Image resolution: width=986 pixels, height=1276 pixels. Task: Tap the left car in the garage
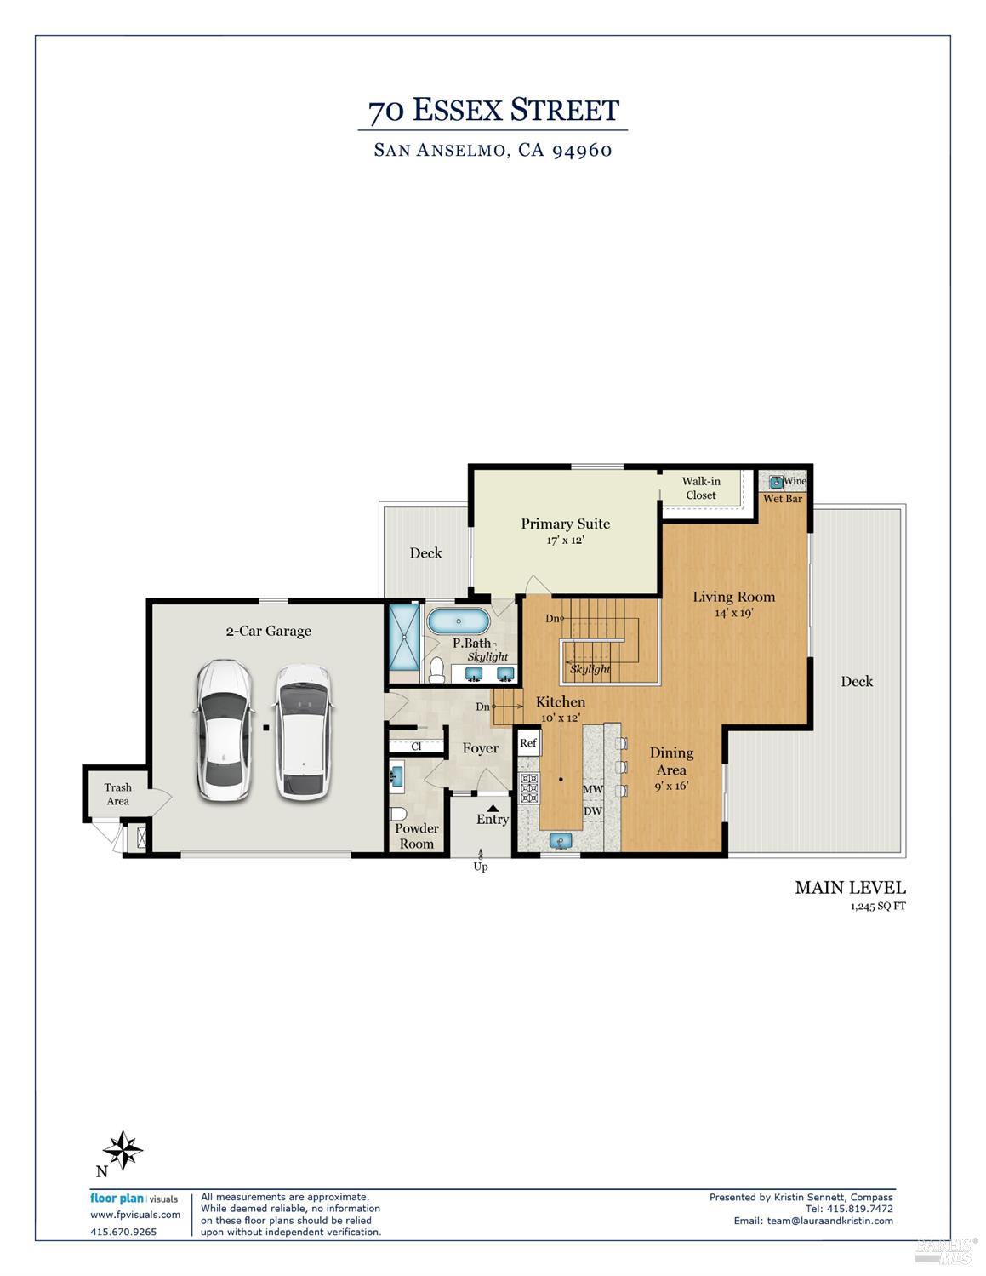click(x=223, y=730)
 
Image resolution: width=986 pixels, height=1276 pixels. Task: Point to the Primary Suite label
click(x=565, y=524)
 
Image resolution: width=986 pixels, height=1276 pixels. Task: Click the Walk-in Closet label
click(x=701, y=488)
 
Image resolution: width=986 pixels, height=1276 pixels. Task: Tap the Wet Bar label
click(x=782, y=499)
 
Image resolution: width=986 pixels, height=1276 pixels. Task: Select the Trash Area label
click(x=117, y=794)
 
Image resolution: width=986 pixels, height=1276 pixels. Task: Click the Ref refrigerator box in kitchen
click(x=528, y=743)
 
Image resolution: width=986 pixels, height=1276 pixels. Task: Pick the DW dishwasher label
click(x=592, y=811)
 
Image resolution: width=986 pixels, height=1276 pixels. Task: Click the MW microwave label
click(x=592, y=790)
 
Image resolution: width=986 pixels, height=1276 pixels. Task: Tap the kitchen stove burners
click(x=528, y=788)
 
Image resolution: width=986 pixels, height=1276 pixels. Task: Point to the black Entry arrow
click(x=493, y=808)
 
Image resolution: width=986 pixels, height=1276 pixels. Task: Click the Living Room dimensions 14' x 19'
click(x=733, y=613)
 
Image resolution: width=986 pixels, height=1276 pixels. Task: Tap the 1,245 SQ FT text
click(x=877, y=907)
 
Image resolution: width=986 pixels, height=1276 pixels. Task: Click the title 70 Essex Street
click(x=493, y=111)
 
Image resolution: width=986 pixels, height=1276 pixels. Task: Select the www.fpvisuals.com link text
click(x=135, y=1215)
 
